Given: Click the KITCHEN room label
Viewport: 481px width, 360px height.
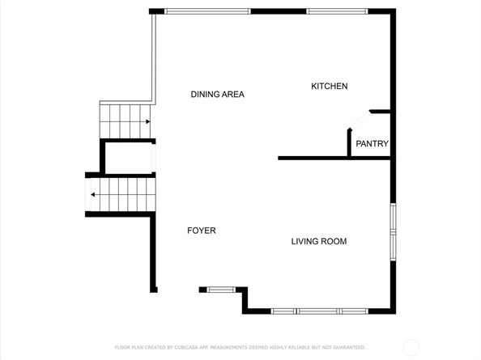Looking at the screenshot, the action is pyautogui.click(x=330, y=86).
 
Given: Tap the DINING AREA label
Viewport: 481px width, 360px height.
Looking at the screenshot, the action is pyautogui.click(x=218, y=94).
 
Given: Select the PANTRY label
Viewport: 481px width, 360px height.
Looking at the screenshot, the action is pyautogui.click(x=372, y=143).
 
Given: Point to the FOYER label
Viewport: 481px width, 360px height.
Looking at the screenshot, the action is pyautogui.click(x=202, y=231).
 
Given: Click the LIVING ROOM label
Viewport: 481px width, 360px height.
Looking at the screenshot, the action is pyautogui.click(x=319, y=241).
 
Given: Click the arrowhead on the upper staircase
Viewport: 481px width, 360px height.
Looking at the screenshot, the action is pyautogui.click(x=148, y=121).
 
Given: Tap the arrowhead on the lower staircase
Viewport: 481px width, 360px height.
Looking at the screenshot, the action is pyautogui.click(x=92, y=194).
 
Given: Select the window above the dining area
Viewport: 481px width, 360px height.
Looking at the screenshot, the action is pyautogui.click(x=207, y=11).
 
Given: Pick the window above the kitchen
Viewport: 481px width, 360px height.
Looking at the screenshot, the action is pyautogui.click(x=337, y=11).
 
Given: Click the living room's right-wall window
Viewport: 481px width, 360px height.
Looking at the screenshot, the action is pyautogui.click(x=393, y=232).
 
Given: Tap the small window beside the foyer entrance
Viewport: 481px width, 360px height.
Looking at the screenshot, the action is pyautogui.click(x=221, y=290).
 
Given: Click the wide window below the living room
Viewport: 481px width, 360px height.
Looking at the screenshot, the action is pyautogui.click(x=319, y=311).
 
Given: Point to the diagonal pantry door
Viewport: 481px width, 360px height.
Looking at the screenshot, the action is pyautogui.click(x=360, y=120).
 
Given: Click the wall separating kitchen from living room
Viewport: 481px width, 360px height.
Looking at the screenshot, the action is pyautogui.click(x=334, y=158).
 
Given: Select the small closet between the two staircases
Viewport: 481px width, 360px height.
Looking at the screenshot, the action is pyautogui.click(x=128, y=158).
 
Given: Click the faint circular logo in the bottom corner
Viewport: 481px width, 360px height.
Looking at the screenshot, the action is pyautogui.click(x=411, y=347).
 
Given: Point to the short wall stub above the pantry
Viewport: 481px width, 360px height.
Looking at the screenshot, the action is pyautogui.click(x=380, y=112).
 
